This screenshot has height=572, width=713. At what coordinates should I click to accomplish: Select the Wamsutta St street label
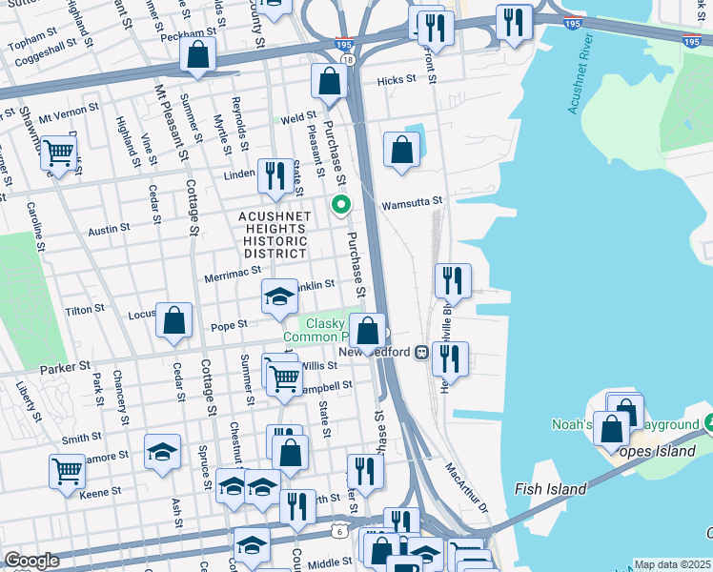coord(412,202)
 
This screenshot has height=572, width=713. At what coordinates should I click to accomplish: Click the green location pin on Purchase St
coord(339,204)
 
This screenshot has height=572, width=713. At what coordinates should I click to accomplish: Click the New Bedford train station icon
coord(420,352)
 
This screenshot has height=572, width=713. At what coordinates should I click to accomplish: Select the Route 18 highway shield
coord(347,60)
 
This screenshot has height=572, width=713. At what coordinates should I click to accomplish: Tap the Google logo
coord(31,561)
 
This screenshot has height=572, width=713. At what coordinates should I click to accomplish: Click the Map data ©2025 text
coord(672,564)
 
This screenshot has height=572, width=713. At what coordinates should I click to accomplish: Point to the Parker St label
coord(65,366)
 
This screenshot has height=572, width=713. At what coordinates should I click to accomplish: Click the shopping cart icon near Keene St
coord(68,470)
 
